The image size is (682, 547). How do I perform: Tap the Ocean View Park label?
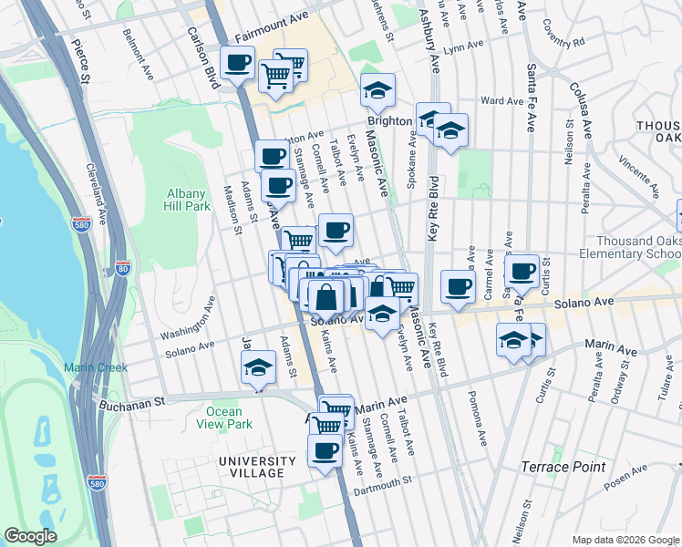click(x=223, y=418)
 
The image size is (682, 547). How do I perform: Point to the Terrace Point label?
click(x=563, y=467)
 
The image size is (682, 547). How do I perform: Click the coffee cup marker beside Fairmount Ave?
click(x=237, y=63)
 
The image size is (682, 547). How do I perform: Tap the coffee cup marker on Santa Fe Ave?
click(x=522, y=270)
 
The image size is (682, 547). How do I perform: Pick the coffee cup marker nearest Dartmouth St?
click(x=325, y=449)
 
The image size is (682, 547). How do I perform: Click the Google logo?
click(x=30, y=536)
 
